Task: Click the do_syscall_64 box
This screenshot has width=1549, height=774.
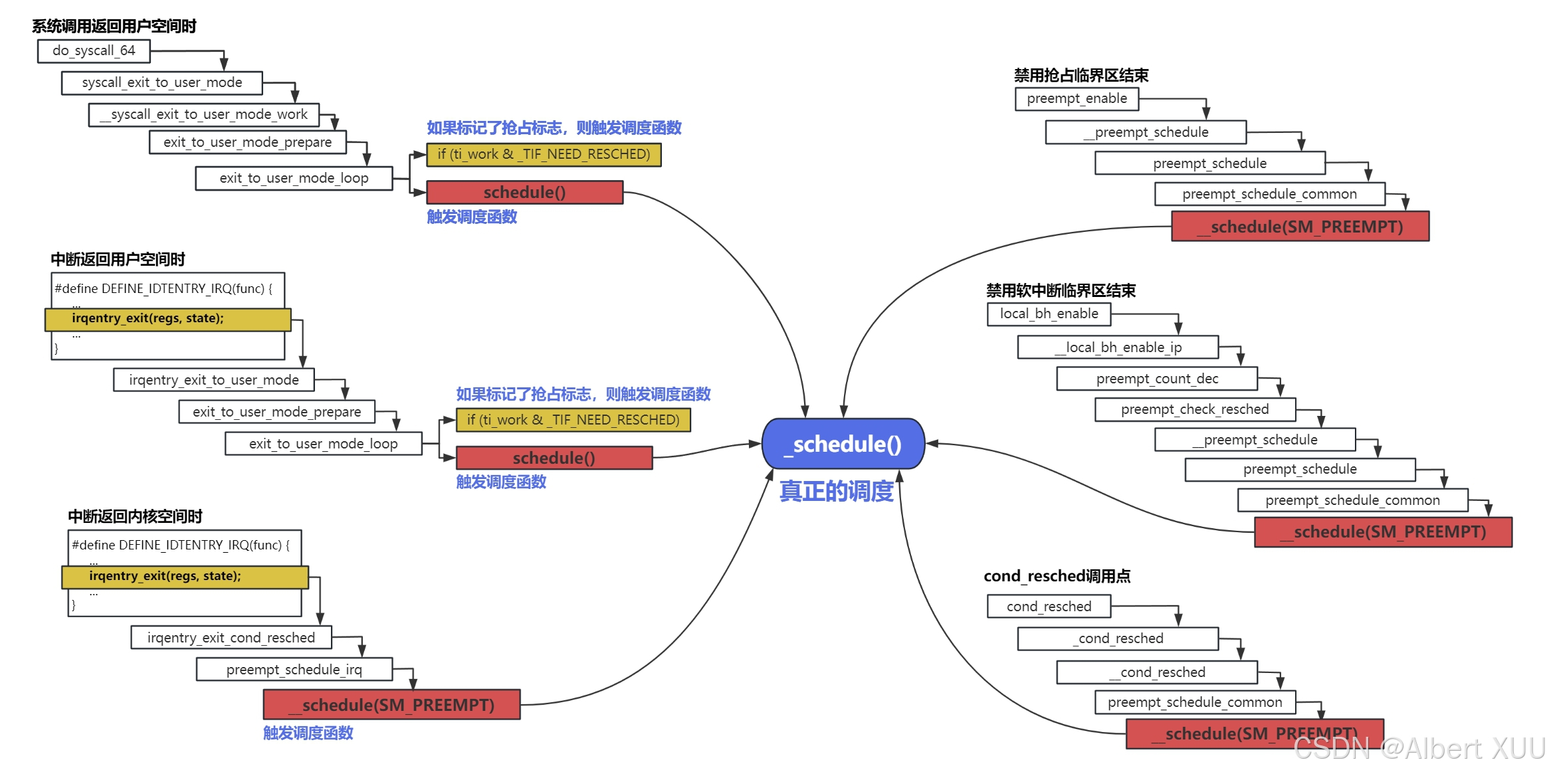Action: (x=94, y=51)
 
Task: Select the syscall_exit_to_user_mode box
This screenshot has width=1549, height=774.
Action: (x=161, y=83)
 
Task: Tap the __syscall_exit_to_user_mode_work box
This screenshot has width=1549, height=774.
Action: (x=203, y=115)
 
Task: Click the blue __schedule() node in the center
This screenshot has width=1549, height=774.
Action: (x=843, y=444)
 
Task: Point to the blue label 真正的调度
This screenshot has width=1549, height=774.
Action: (x=836, y=492)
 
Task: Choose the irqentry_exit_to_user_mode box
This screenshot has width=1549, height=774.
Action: (x=213, y=380)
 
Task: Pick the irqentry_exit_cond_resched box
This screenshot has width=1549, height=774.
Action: (x=231, y=638)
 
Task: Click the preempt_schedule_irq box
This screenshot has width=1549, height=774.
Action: (x=294, y=670)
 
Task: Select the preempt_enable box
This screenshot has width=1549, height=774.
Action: (x=1077, y=99)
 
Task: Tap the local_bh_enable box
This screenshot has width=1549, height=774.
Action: (x=1049, y=314)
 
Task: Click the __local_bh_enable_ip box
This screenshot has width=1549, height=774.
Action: (x=1118, y=347)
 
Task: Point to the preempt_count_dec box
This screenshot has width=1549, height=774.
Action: (x=1156, y=379)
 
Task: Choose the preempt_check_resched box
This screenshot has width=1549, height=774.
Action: (x=1195, y=409)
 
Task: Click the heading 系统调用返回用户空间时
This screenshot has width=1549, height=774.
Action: (x=114, y=27)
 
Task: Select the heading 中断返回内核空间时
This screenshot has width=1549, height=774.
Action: (x=135, y=516)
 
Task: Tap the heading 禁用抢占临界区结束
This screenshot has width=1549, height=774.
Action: (x=1081, y=76)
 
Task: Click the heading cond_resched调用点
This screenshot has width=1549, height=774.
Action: (x=1057, y=576)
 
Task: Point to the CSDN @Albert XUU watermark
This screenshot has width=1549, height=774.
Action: (x=1419, y=749)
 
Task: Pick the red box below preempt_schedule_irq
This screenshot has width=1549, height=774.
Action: (x=391, y=705)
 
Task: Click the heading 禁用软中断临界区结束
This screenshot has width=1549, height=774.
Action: (x=1061, y=291)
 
